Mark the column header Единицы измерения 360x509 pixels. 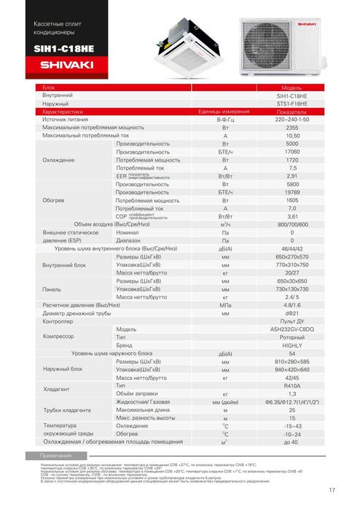(224, 111)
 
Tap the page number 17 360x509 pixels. (332, 489)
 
